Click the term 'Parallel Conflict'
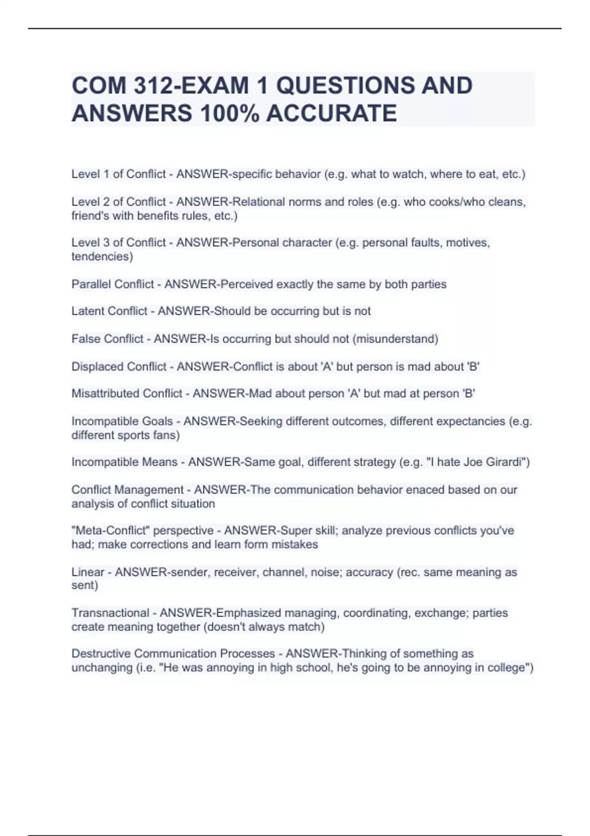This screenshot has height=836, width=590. coord(113,284)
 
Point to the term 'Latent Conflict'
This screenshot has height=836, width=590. coord(109,311)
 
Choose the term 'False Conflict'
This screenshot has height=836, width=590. coord(107,339)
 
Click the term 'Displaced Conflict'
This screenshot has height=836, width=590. coord(119,367)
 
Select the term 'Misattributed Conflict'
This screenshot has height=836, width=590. coord(127,394)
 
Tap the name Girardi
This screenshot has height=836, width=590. coord(508,462)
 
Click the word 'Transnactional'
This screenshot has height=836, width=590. coord(110,613)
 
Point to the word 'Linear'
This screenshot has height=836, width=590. coord(88,572)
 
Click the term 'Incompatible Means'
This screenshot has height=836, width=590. coord(124,462)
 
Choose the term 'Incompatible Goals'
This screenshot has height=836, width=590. coord(122,421)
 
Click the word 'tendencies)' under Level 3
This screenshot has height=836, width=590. coord(102,257)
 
